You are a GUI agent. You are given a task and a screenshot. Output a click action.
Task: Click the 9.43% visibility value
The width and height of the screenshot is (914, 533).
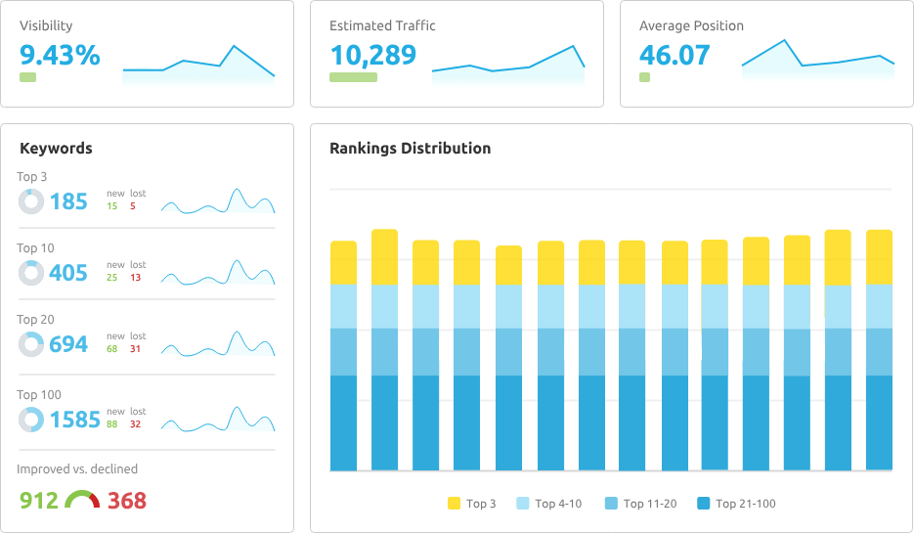(x=60, y=56)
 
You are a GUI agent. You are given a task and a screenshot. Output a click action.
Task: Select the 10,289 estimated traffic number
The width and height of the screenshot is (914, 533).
(x=372, y=56)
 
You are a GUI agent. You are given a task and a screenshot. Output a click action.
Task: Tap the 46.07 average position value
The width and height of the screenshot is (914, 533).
(x=675, y=56)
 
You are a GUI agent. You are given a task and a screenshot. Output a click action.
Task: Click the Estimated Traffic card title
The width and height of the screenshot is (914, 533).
(x=382, y=26)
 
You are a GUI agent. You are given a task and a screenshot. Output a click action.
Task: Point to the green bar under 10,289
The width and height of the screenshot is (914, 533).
(x=353, y=76)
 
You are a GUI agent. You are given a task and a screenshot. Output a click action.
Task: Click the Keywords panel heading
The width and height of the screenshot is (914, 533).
(x=56, y=149)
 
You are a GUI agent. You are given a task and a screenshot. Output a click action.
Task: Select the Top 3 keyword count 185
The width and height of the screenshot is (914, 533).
(x=68, y=202)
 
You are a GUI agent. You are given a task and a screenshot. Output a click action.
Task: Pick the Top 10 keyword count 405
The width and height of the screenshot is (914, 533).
(x=68, y=274)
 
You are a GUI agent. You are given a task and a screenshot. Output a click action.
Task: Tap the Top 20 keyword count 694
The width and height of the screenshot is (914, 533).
(x=68, y=345)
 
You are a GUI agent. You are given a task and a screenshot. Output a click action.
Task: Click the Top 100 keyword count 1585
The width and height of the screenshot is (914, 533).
(x=74, y=421)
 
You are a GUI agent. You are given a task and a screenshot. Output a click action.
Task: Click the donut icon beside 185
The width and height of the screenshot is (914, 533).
(x=31, y=201)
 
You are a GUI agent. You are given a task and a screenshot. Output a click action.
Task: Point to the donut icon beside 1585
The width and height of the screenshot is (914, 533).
(x=31, y=420)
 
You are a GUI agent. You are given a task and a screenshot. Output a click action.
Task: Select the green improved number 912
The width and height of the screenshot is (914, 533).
(x=39, y=501)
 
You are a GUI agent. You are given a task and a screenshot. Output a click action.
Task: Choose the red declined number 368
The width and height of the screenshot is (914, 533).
(x=127, y=501)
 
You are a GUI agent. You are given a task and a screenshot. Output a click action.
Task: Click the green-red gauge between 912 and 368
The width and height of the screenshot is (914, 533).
(x=83, y=500)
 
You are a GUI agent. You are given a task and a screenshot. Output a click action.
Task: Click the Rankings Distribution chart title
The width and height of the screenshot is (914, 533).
(x=410, y=149)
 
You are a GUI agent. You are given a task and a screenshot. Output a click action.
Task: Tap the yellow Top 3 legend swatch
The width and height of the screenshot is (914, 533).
(x=454, y=504)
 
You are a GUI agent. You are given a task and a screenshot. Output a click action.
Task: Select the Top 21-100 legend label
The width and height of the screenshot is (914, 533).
(x=746, y=504)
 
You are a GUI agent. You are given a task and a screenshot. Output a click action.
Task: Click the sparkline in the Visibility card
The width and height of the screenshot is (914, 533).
(x=198, y=69)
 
